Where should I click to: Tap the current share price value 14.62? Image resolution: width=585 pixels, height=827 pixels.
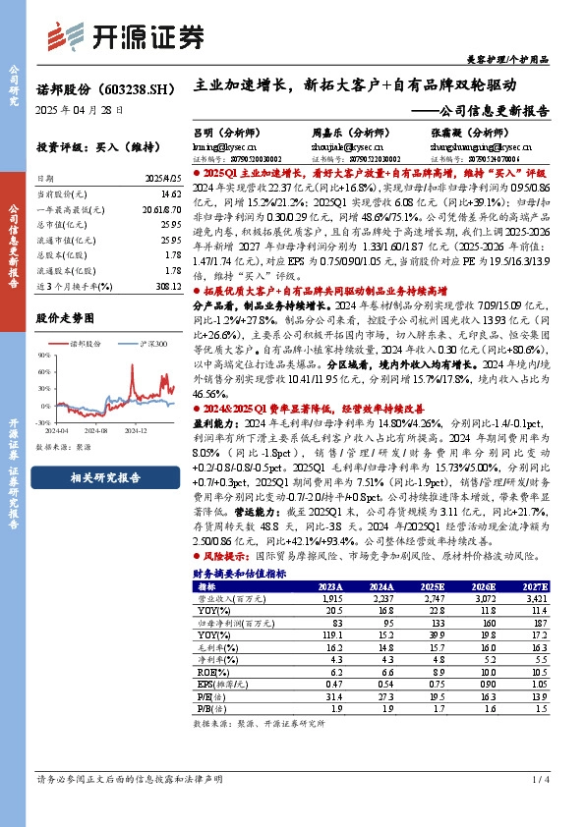170,196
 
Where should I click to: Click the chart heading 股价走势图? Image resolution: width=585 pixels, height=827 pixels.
65,318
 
